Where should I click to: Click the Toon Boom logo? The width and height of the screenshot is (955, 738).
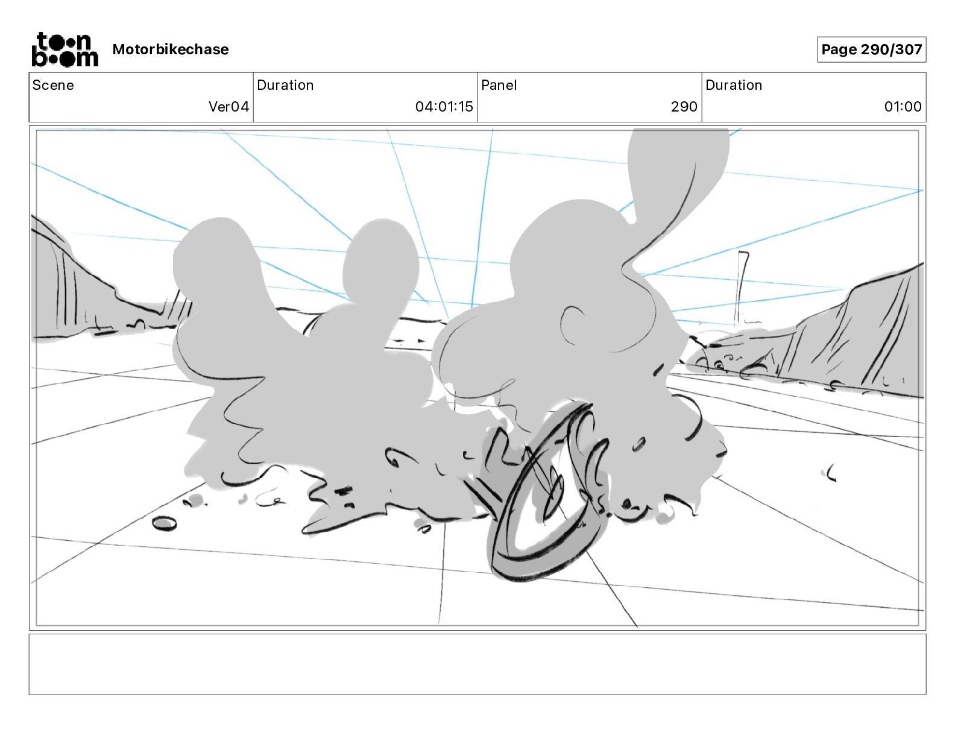pos(65,49)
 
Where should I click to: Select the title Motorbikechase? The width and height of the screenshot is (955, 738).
pos(171,49)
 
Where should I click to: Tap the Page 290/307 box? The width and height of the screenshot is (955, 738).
pos(872,49)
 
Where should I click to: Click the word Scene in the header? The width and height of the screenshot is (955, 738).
pos(53,85)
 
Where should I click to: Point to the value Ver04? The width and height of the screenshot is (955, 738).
pos(229,106)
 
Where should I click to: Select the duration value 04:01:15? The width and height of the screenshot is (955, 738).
pos(444,106)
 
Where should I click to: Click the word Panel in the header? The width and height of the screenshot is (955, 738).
pos(499,85)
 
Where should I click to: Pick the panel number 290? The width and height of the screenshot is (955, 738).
pos(684,106)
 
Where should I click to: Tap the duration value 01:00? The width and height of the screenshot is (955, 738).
pos(903,106)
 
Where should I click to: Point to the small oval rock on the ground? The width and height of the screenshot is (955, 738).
pos(165,523)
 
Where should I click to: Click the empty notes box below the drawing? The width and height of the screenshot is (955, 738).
pos(478,664)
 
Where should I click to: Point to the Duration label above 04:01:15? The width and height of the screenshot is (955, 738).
pos(285,85)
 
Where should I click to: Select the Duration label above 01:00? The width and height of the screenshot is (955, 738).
pos(734,85)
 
